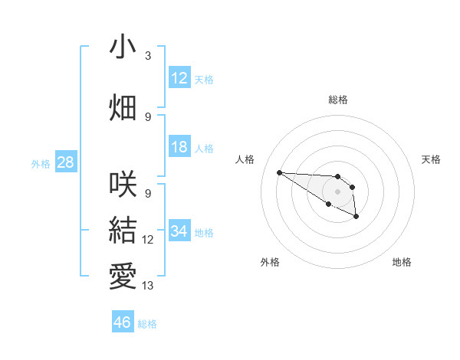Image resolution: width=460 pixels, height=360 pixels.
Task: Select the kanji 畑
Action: tap(123, 107)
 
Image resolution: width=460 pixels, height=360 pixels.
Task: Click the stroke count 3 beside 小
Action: tap(147, 56)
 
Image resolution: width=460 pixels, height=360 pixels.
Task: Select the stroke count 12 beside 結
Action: tap(148, 240)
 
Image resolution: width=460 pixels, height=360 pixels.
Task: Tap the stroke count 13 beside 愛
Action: tap(148, 286)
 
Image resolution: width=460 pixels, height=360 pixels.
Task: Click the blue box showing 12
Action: tap(179, 78)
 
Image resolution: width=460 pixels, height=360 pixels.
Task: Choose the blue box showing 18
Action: tap(179, 147)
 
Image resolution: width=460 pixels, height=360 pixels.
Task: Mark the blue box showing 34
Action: tap(179, 231)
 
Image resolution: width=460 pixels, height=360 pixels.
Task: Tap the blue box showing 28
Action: tap(65, 162)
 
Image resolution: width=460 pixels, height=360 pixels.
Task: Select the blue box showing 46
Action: tap(123, 322)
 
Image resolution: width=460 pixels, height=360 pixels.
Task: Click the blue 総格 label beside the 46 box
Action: tap(147, 324)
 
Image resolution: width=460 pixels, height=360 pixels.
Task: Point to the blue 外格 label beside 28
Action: tap(41, 164)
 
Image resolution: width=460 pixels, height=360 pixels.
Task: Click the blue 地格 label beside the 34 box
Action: tap(204, 233)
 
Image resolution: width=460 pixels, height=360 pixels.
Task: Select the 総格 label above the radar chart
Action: tap(337, 100)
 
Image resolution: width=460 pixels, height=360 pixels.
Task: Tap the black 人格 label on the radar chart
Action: tap(245, 159)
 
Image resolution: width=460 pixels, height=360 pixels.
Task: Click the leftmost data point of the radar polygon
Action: tap(279, 172)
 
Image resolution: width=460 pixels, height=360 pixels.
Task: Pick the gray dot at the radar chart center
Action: tap(337, 191)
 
